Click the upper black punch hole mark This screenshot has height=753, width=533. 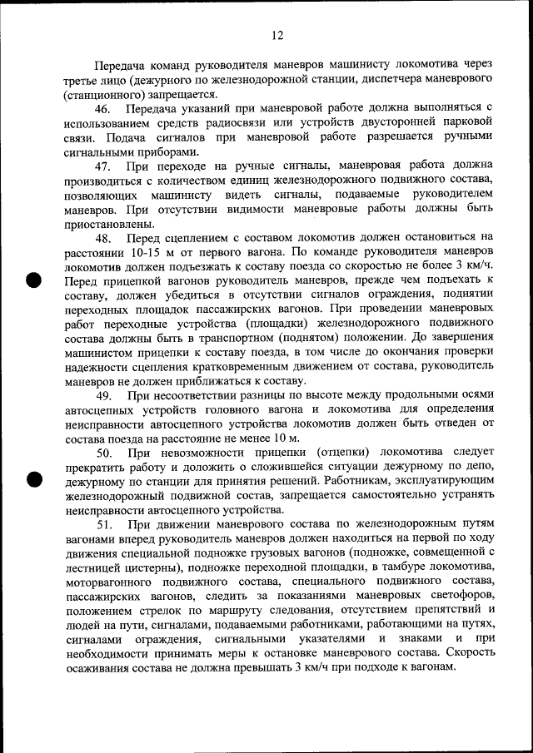[33, 279]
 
